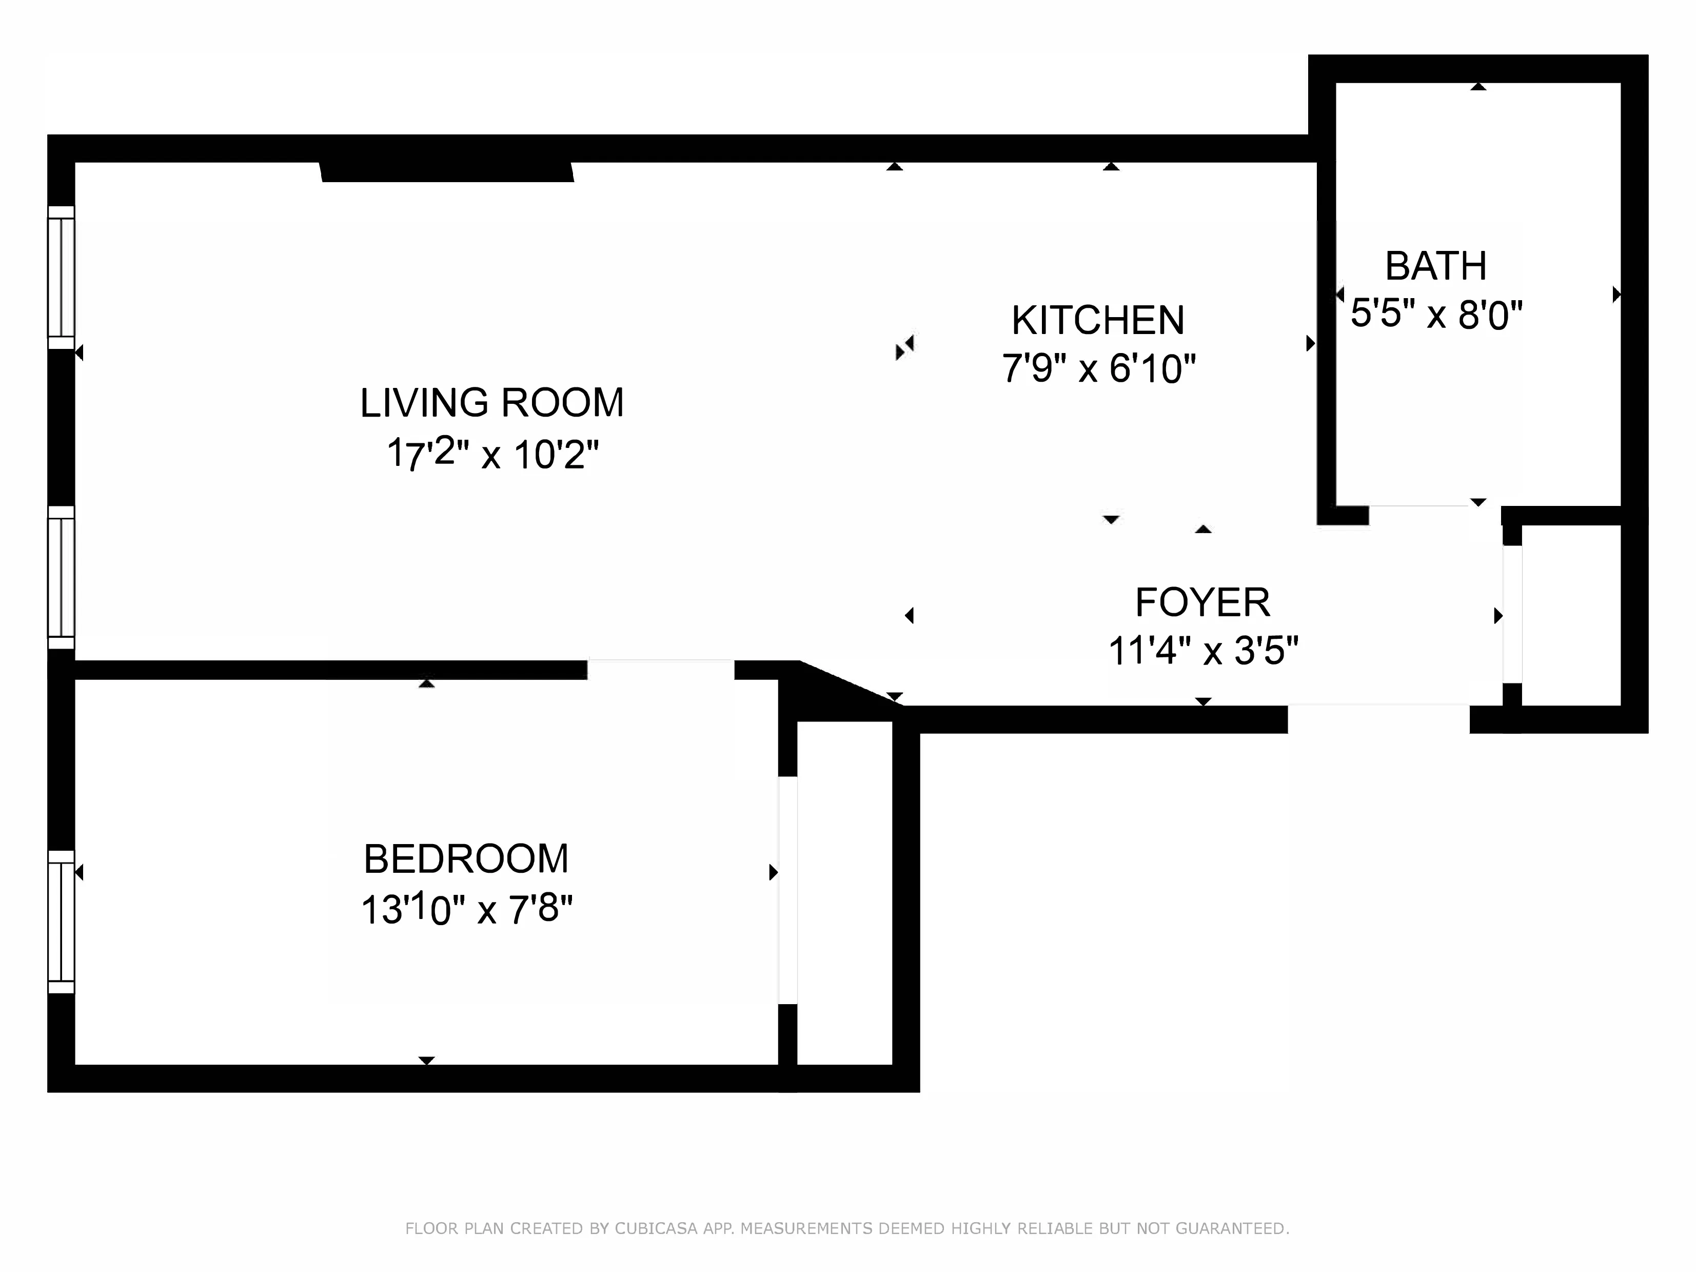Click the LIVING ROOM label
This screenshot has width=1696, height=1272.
(x=491, y=403)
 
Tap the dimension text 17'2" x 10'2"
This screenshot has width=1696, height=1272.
(x=491, y=454)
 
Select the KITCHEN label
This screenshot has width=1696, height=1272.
(x=1098, y=321)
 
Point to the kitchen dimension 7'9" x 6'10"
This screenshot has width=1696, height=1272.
(x=1098, y=369)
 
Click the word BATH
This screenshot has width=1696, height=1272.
(x=1435, y=267)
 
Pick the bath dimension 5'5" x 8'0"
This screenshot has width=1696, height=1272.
(x=1435, y=315)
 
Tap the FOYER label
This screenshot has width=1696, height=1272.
(x=1202, y=602)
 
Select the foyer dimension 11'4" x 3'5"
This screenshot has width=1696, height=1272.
(x=1202, y=652)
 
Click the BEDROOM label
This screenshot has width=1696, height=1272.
(x=466, y=859)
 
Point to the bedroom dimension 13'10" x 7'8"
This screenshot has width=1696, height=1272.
(x=466, y=910)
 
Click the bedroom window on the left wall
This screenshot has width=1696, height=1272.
(x=62, y=922)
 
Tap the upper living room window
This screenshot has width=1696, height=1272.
(x=62, y=278)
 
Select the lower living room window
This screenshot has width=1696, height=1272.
(x=62, y=577)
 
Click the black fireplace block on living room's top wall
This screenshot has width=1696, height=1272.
(x=447, y=172)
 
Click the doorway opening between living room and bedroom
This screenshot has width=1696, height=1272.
(x=660, y=670)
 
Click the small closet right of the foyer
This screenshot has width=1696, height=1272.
(x=1570, y=615)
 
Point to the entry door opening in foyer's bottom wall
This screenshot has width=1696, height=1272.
(x=1378, y=719)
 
